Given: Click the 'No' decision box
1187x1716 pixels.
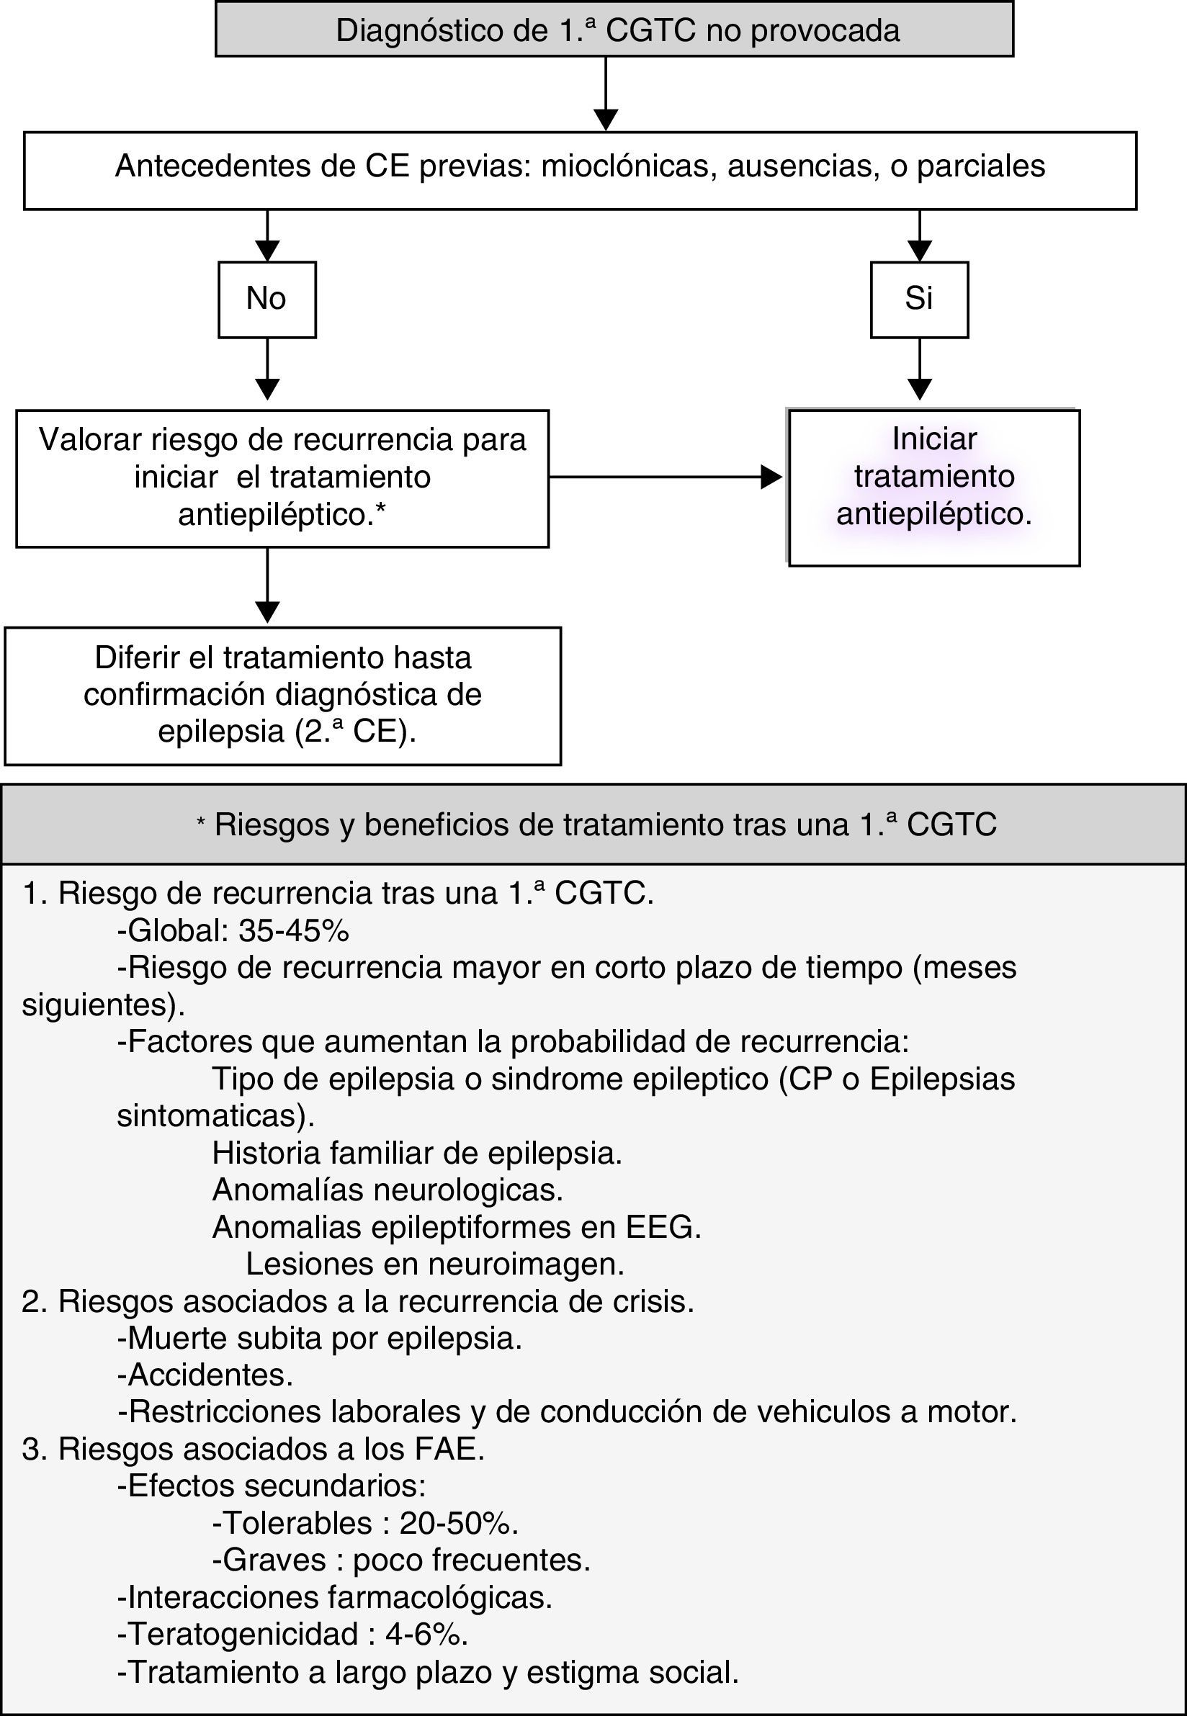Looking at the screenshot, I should pyautogui.click(x=266, y=299).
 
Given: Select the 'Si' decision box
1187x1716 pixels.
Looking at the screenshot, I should pyautogui.click(x=919, y=299).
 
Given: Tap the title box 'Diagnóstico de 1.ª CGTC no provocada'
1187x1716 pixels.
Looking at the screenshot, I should pyautogui.click(x=614, y=30).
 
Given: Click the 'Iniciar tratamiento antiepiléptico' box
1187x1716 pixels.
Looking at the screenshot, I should pyautogui.click(x=933, y=487).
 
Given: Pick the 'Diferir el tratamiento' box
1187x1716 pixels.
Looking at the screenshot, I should pyautogui.click(x=282, y=695).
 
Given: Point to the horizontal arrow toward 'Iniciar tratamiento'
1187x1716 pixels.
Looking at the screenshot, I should pyautogui.click(x=666, y=477).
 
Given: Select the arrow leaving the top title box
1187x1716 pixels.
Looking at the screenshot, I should pyautogui.click(x=606, y=93).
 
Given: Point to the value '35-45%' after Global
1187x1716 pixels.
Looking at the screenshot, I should pyautogui.click(x=294, y=930).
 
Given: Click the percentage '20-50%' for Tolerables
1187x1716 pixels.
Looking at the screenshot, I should pyautogui.click(x=458, y=1523).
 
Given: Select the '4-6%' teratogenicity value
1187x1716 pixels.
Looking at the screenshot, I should pyautogui.click(x=426, y=1633).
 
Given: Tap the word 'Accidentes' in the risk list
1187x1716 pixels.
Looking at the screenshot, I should pyautogui.click(x=210, y=1375).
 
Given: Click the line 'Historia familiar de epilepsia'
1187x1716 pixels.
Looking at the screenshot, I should pyautogui.click(x=416, y=1152).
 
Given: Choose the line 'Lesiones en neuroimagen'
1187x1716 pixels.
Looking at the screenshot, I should pyautogui.click(x=435, y=1263).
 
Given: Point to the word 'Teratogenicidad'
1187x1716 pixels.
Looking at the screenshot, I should pyautogui.click(x=243, y=1633).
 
